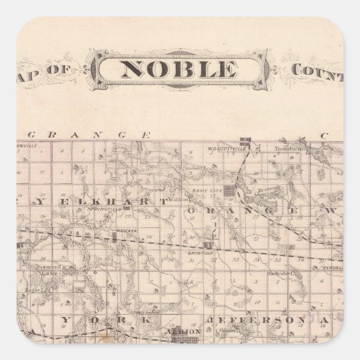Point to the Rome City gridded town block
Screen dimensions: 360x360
[229, 191]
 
